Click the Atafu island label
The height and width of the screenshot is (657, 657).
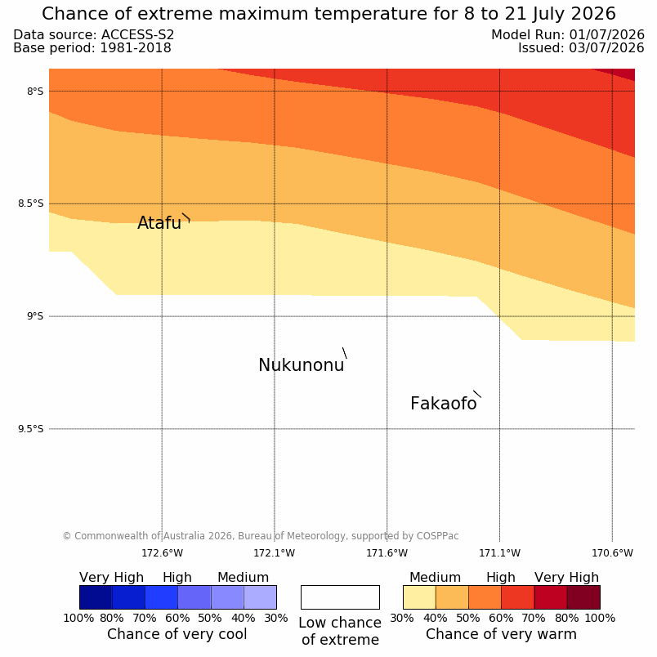159,223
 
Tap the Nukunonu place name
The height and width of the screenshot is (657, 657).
302,365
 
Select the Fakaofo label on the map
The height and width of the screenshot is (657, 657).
443,404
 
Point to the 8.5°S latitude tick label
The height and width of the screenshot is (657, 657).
30,203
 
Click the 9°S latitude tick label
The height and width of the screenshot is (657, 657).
35,316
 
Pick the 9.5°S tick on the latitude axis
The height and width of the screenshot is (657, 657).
30,429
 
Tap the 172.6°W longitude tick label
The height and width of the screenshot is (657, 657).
162,553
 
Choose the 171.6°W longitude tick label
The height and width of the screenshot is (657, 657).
387,553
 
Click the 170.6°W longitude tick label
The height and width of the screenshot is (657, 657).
612,553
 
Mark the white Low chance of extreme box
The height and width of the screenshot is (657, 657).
340,597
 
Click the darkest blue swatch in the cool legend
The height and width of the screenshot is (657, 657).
96,597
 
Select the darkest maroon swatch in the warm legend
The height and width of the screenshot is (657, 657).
583,597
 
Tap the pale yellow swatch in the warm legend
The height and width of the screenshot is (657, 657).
419,597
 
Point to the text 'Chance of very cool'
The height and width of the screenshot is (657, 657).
177,634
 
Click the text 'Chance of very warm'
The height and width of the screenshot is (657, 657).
501,634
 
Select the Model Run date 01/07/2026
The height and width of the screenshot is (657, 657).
606,35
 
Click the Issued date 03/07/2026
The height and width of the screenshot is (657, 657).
606,47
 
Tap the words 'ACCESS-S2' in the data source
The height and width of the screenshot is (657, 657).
137,35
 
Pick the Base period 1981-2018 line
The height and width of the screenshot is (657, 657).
92,47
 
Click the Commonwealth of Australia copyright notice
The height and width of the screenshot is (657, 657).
261,536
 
